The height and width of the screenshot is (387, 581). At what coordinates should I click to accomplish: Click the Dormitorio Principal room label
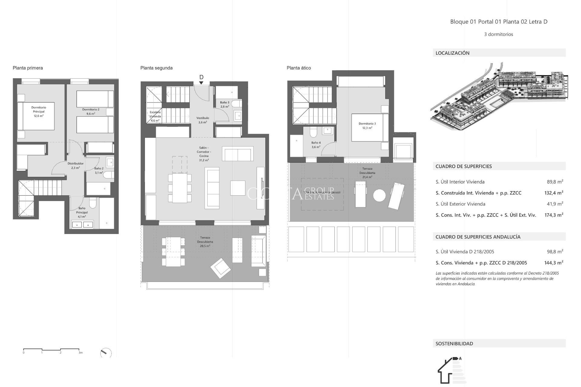(38, 112)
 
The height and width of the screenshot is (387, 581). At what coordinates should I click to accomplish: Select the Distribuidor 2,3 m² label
(75, 165)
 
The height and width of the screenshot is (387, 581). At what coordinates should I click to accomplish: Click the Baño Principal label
(82, 212)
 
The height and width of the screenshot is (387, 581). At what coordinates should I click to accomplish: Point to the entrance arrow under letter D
(201, 83)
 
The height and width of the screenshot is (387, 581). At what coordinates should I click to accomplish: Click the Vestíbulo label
(203, 120)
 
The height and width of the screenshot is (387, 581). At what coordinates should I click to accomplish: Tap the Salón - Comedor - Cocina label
(204, 154)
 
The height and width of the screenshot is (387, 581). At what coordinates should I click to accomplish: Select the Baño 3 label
(225, 105)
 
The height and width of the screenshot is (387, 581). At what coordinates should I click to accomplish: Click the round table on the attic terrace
(379, 195)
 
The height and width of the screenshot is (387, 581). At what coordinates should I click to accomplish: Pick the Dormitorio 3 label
(367, 125)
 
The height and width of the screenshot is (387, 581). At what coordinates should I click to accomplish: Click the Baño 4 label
(316, 145)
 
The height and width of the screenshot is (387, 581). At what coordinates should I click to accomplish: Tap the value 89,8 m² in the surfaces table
(555, 182)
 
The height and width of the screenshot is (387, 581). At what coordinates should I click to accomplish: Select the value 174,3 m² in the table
(553, 215)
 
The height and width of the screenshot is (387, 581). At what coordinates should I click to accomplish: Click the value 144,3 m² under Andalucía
(553, 263)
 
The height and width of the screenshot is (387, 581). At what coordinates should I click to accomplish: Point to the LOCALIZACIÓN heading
(452, 53)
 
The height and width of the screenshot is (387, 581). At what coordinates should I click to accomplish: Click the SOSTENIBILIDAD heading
(454, 343)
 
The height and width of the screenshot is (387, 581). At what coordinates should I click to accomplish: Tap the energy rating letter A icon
(460, 359)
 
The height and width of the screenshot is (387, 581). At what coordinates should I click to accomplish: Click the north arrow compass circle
(106, 353)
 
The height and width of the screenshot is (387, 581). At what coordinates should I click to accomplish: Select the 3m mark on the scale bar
(80, 353)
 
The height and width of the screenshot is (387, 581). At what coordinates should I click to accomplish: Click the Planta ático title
(299, 68)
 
